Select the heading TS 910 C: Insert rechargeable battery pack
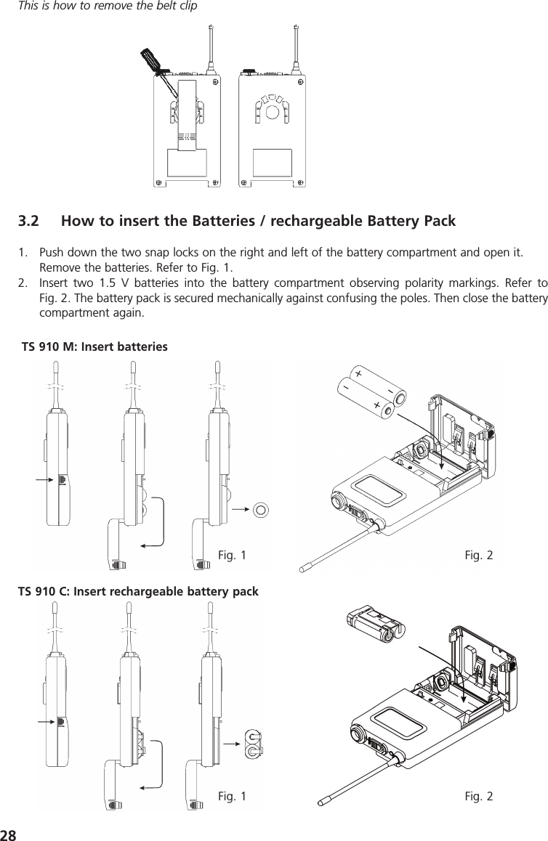click(x=138, y=591)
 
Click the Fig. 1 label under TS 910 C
click(x=232, y=797)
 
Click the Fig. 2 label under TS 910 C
click(x=478, y=797)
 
